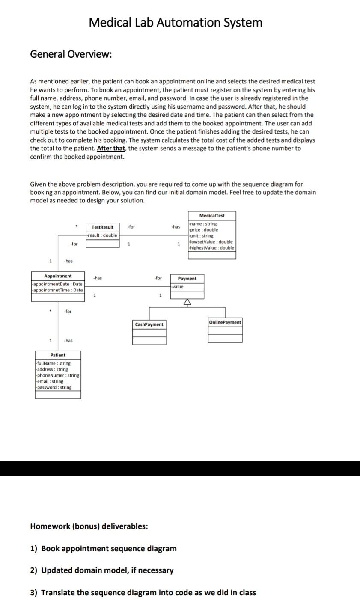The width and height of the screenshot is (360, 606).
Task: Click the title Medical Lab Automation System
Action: coord(176,22)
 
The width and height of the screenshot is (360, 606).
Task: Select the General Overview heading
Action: coord(71,54)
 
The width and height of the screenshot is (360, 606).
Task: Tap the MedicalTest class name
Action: coord(212,215)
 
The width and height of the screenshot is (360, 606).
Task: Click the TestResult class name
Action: coord(102,227)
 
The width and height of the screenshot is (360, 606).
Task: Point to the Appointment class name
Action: coord(58,276)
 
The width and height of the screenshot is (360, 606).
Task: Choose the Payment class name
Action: coord(187,279)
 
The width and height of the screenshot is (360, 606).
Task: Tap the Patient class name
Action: coord(58,355)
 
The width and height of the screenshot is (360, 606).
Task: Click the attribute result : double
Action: coord(102,235)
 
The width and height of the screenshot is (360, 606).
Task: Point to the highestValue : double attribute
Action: coord(212,248)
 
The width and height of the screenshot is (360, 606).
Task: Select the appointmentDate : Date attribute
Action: coord(58,284)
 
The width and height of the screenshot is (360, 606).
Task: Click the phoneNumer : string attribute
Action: coord(58,375)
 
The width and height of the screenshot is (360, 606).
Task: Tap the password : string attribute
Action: coord(54,387)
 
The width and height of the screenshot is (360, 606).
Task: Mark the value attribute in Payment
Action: coord(178,287)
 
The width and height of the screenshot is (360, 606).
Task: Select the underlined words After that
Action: coord(111,149)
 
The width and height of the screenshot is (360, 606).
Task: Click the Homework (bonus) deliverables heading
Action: coord(89,526)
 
